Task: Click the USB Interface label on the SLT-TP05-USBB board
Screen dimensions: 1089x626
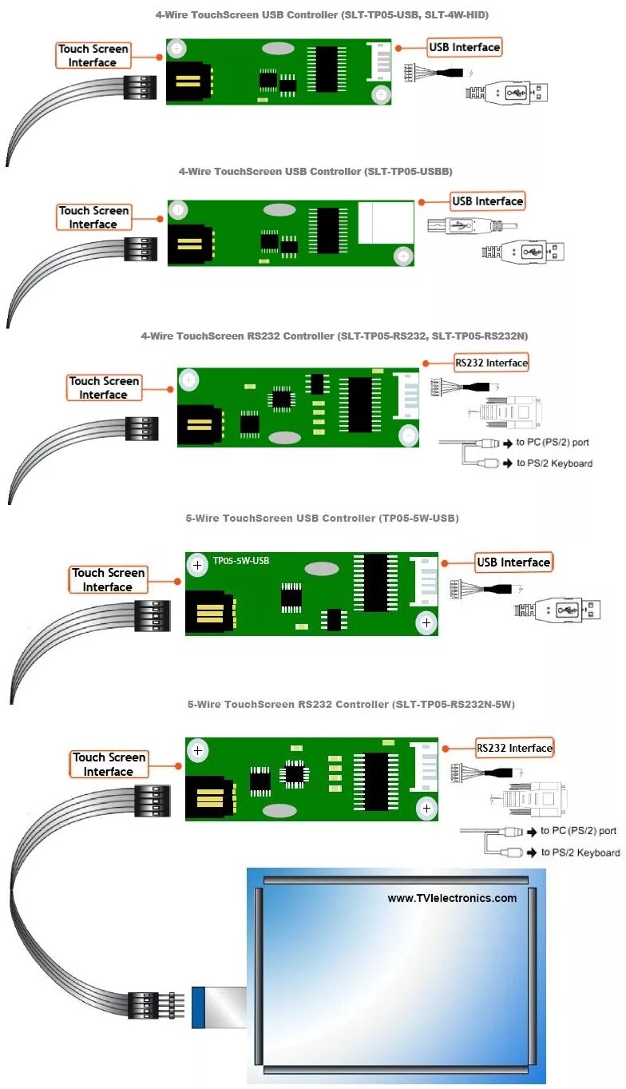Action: [x=487, y=201]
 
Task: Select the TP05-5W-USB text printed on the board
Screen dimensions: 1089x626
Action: [x=241, y=561]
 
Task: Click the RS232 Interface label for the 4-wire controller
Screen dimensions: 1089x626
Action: [x=492, y=363]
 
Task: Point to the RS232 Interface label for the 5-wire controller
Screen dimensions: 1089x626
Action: [x=514, y=748]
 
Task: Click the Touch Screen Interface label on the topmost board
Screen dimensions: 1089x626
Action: [x=93, y=55]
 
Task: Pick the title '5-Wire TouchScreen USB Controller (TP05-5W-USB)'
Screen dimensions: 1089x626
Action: [x=323, y=519]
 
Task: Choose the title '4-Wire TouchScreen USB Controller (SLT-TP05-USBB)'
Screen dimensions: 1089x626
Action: [x=316, y=172]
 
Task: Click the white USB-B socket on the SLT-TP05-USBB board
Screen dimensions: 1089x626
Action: [x=386, y=223]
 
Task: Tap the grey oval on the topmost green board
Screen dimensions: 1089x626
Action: [x=279, y=49]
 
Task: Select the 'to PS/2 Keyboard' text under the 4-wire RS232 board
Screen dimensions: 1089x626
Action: [x=554, y=463]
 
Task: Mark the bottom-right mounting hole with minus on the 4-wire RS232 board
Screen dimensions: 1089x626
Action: [x=408, y=435]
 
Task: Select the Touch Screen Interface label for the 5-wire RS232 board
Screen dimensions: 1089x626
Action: [x=109, y=764]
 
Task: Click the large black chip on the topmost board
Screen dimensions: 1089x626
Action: [x=327, y=69]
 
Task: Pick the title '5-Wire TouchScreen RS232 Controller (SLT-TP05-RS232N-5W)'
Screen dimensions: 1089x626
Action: [x=351, y=705]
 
